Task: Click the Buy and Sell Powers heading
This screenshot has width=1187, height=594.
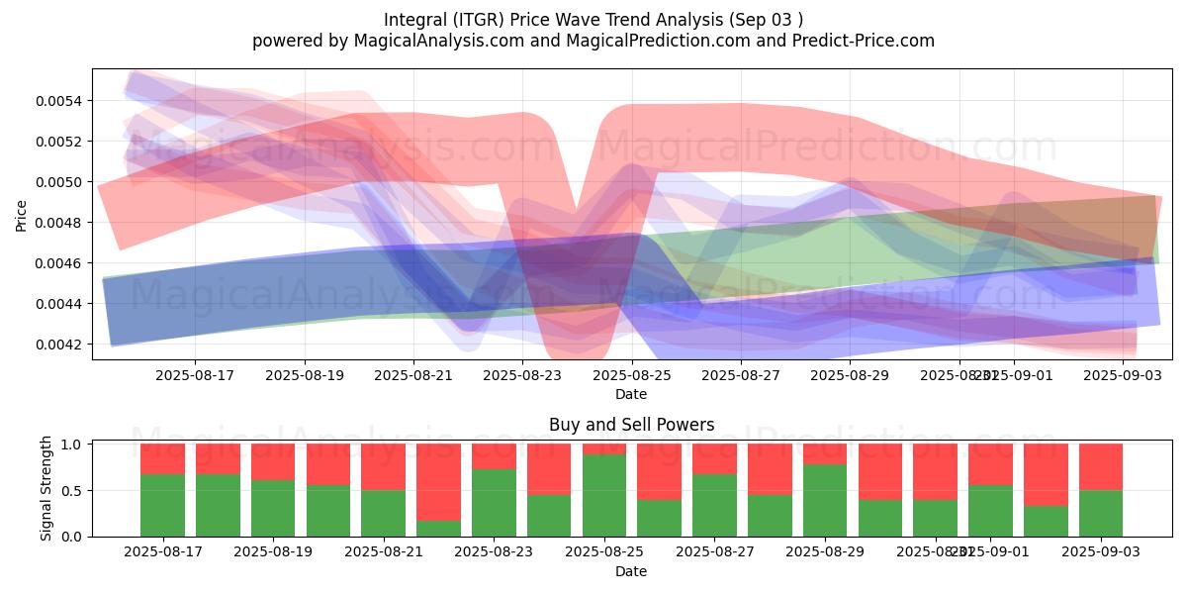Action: tap(631, 426)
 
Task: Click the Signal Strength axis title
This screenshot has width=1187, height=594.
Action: tap(46, 488)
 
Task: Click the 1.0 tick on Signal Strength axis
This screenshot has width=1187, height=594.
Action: tap(75, 445)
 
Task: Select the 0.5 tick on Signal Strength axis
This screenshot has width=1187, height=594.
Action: tap(75, 491)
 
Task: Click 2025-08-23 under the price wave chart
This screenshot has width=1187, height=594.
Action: tap(522, 375)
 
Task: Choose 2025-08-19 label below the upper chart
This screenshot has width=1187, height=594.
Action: tap(304, 375)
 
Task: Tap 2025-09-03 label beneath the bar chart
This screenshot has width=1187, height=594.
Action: tap(1100, 552)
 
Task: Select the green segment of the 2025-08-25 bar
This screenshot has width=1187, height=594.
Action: tap(603, 495)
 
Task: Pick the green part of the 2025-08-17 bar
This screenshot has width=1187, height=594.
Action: tap(162, 505)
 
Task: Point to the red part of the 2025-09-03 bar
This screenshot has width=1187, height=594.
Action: tap(1100, 467)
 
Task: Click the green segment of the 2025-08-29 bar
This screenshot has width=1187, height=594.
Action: tap(825, 500)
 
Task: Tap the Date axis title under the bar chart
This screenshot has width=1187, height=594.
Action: tap(631, 571)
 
